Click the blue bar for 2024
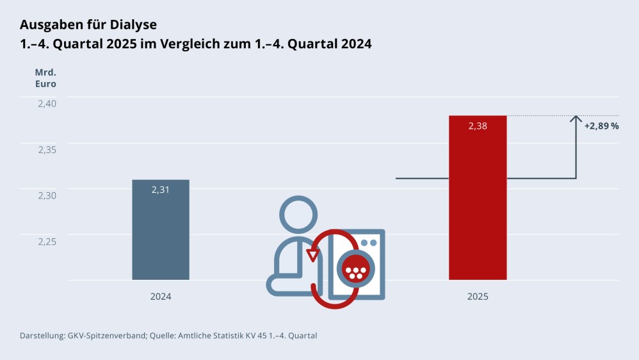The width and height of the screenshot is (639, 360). click(x=161, y=237)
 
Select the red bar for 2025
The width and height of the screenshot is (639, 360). click(x=478, y=205)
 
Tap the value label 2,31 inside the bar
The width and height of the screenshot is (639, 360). click(x=161, y=190)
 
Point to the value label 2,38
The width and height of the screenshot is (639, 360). click(x=478, y=126)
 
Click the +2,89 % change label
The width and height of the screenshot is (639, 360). click(x=601, y=126)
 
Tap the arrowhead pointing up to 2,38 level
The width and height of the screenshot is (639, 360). click(x=576, y=119)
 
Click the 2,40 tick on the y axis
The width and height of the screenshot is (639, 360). click(x=44, y=103)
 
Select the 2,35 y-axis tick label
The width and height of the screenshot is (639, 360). click(x=44, y=149)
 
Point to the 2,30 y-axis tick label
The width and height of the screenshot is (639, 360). click(x=44, y=195)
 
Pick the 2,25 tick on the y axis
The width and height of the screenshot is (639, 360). click(x=44, y=241)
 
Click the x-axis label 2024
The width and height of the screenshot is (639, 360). click(x=161, y=297)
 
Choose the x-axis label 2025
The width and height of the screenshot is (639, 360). click(x=478, y=297)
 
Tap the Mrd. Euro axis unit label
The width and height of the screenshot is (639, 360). click(x=45, y=78)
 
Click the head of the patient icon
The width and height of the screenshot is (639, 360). click(x=298, y=215)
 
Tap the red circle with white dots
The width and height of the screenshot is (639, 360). click(x=355, y=269)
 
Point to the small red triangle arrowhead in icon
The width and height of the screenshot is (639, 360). click(x=312, y=255)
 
